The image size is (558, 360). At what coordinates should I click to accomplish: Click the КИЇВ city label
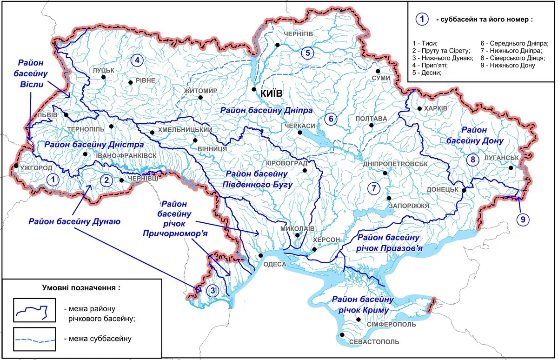[x=272, y=93]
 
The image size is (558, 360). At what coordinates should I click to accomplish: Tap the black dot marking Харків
[x=419, y=108]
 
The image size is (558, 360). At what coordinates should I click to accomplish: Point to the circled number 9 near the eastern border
[x=522, y=219]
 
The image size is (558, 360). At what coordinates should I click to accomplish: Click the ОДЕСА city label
[x=275, y=264]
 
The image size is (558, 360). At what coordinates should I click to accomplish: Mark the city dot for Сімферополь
[x=359, y=319]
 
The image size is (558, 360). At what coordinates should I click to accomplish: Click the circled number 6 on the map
[x=331, y=119]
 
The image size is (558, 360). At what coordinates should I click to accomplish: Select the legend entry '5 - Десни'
[x=427, y=73]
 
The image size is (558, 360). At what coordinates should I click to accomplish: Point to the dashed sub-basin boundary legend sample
[x=35, y=339]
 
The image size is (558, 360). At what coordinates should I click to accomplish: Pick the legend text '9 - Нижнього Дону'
[x=508, y=65]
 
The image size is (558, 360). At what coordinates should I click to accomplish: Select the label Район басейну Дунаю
[x=74, y=222]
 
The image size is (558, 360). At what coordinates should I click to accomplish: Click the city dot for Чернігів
[x=277, y=45]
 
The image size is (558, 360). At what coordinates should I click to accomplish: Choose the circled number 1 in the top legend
[x=421, y=20]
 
